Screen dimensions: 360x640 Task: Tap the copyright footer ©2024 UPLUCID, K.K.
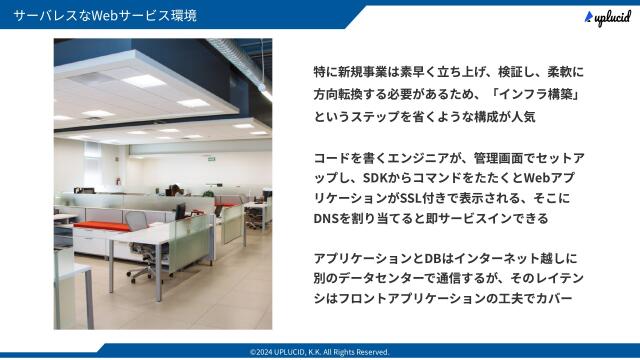click(x=319, y=352)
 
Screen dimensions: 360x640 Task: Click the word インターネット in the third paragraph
click(x=491, y=258)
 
